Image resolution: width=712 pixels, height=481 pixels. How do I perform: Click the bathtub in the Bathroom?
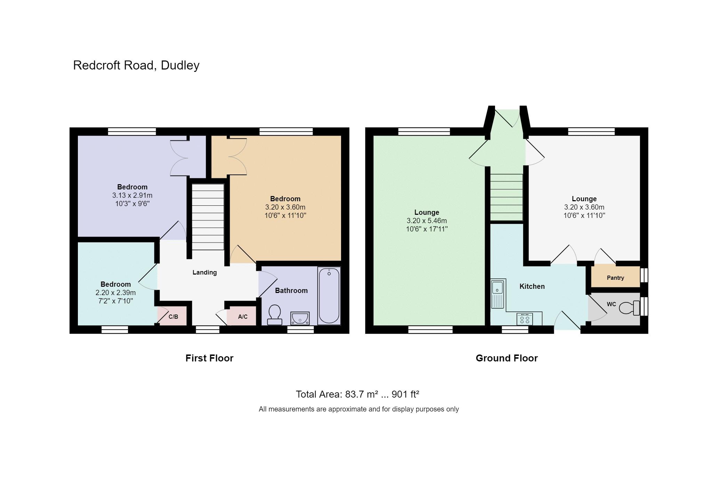(x=329, y=296)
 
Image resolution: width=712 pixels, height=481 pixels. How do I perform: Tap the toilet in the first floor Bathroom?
(x=275, y=315)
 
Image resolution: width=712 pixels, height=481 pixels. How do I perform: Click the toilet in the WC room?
(x=629, y=308)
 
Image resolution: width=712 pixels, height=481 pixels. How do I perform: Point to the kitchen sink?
(x=497, y=294)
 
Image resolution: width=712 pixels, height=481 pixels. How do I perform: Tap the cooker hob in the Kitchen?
(x=525, y=319)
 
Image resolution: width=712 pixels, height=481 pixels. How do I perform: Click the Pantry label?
(x=615, y=278)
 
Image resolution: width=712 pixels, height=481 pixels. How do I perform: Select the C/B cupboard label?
(x=173, y=317)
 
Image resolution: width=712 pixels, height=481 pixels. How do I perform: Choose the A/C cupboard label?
(x=243, y=317)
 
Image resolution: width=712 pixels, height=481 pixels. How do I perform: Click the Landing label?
(x=204, y=272)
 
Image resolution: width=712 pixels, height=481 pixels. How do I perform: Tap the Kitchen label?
(x=532, y=286)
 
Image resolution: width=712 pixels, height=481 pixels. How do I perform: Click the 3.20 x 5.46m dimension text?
(x=427, y=221)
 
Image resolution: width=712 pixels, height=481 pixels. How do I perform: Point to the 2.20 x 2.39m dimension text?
(x=115, y=293)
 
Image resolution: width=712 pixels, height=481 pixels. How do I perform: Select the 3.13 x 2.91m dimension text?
(x=132, y=195)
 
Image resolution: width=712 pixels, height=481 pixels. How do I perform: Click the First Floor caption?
(x=209, y=358)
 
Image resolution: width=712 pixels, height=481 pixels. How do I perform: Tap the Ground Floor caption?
(x=507, y=358)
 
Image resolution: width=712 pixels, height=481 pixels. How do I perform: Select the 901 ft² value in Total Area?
(x=405, y=394)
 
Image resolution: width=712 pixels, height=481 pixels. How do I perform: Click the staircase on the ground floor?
(x=507, y=197)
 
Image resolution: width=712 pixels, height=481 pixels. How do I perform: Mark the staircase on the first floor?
(x=208, y=217)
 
